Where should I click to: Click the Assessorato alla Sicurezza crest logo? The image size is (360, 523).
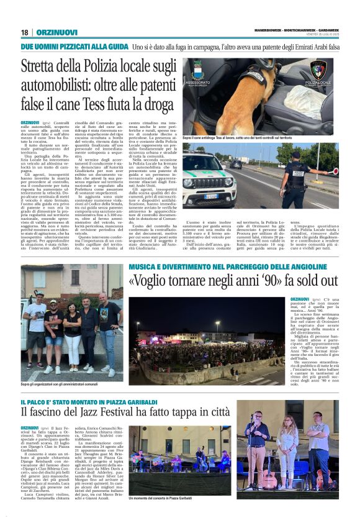tap(198, 70)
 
